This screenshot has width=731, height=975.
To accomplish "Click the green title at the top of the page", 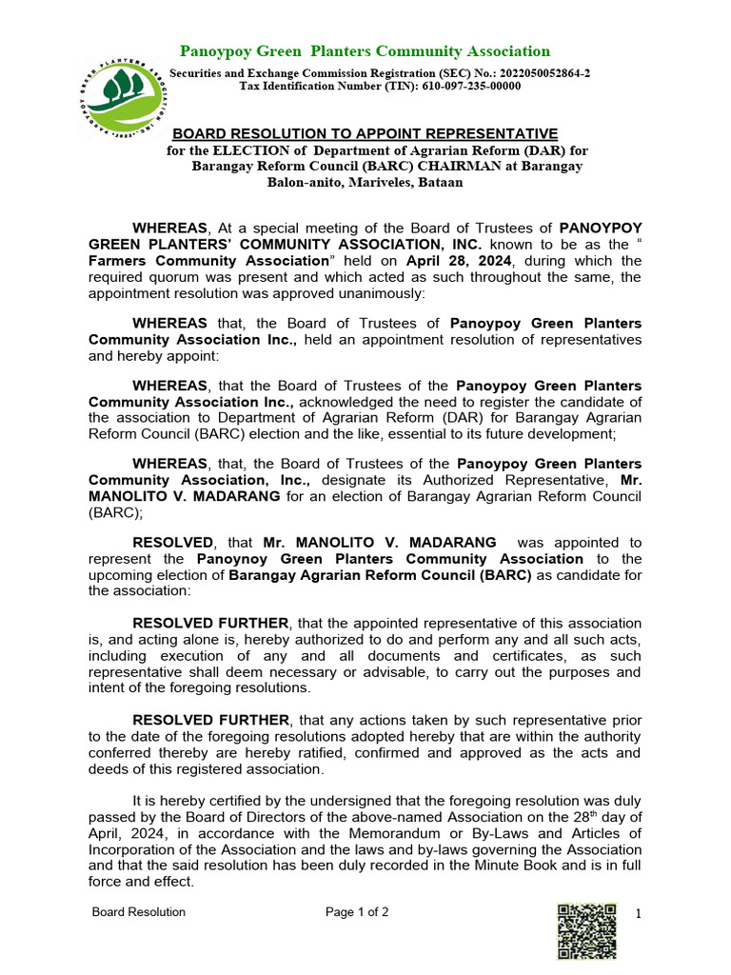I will pyautogui.click(x=365, y=51).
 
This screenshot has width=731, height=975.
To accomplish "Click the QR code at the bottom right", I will pyautogui.click(x=586, y=930).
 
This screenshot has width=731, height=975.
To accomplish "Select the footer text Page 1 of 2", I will pyautogui.click(x=357, y=912).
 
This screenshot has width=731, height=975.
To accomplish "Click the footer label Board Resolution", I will pyautogui.click(x=138, y=912).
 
